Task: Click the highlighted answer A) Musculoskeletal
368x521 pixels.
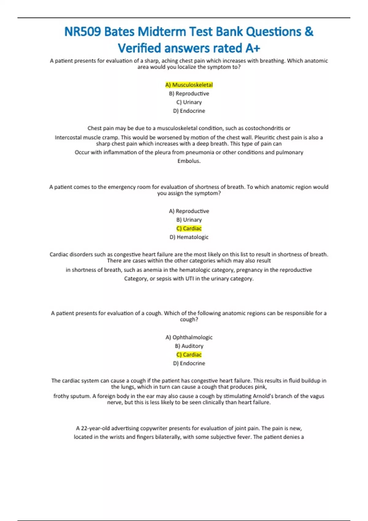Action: point(189,85)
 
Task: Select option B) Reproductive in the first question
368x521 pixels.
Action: point(189,93)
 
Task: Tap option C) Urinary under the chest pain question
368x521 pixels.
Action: point(189,102)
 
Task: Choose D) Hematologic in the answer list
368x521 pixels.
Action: point(189,237)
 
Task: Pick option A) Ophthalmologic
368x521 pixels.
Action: point(189,337)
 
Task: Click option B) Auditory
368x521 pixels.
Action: point(189,346)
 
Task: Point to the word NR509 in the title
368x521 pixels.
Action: point(82,32)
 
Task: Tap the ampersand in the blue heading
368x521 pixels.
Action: point(309,32)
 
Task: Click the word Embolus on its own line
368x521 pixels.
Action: point(189,161)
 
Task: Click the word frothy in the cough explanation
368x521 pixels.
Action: point(61,396)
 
